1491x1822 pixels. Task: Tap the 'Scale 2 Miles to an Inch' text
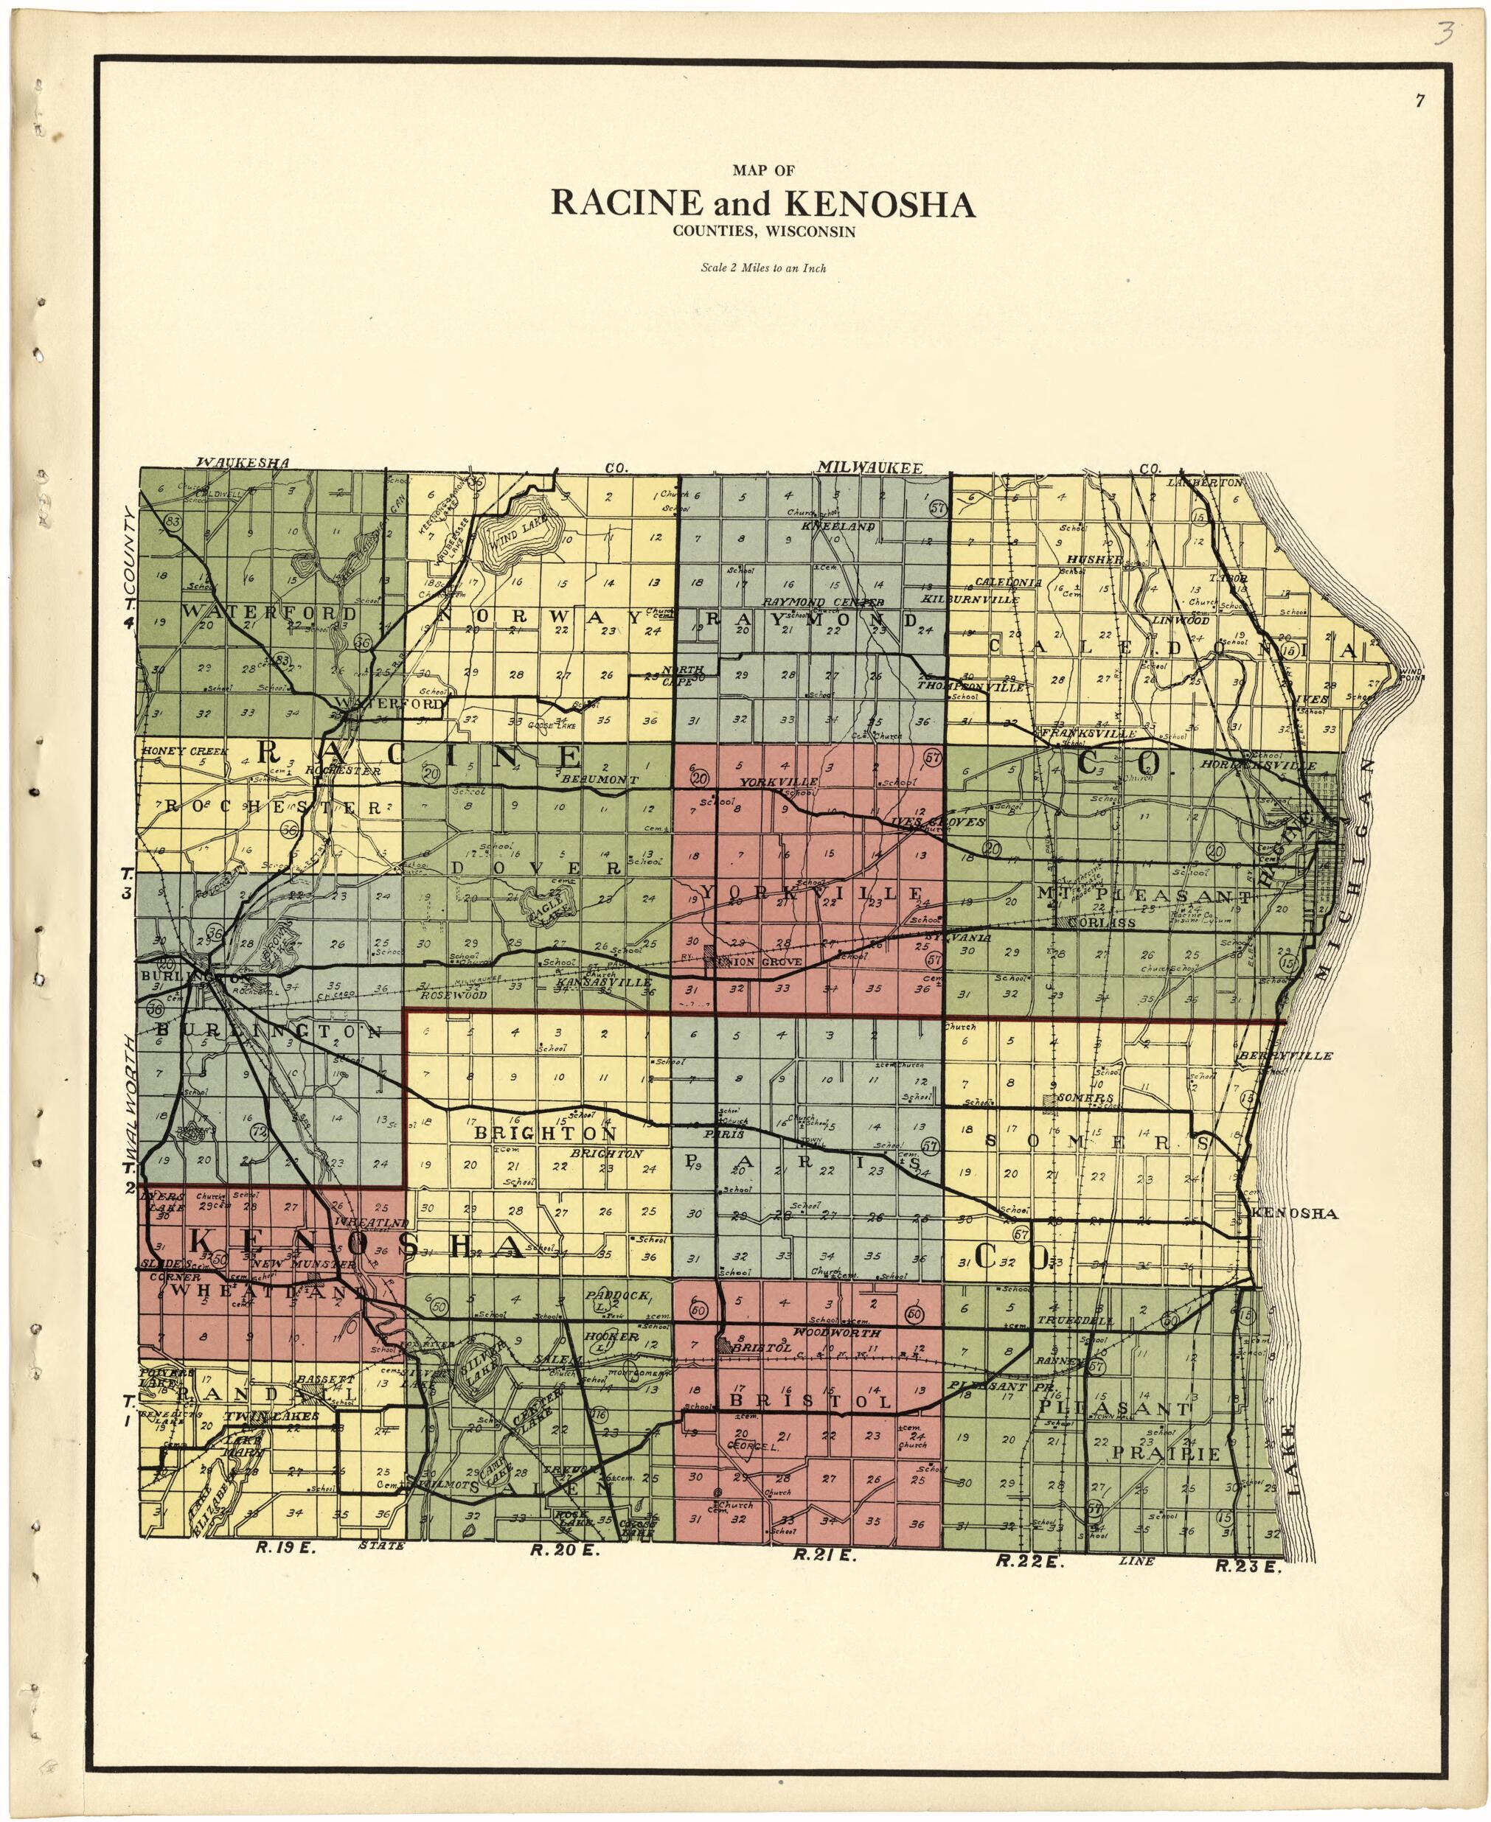(x=762, y=268)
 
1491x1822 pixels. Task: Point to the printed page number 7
(x=1419, y=101)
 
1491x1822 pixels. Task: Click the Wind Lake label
(x=515, y=536)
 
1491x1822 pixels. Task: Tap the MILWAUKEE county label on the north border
(x=869, y=468)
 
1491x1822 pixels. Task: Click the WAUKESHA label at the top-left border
(x=243, y=463)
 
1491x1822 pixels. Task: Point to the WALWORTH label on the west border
(x=130, y=1095)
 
